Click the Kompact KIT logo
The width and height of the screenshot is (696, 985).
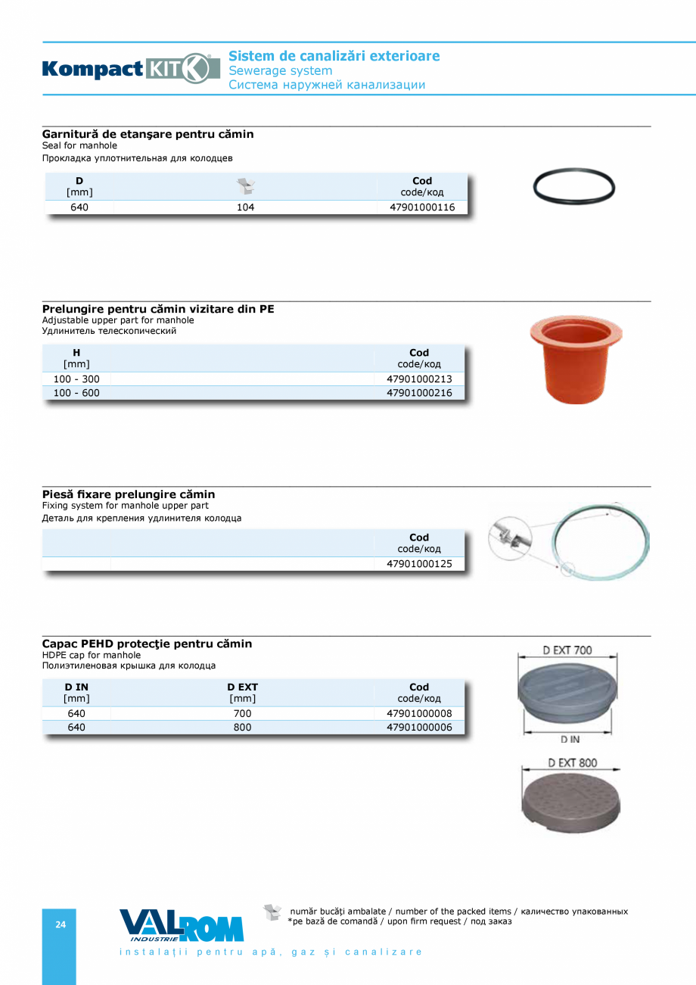point(131,69)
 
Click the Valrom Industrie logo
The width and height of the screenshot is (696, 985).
point(182,925)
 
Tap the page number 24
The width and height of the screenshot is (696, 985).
point(61,924)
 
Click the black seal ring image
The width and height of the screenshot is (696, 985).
point(574,185)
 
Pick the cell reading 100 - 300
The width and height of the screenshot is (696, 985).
point(76,379)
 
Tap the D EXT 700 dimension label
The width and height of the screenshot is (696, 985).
point(567,650)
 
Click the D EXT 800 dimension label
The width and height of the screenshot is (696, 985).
point(573,762)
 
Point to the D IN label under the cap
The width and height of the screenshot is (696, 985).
point(570,739)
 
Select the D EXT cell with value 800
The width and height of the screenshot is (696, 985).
point(242,728)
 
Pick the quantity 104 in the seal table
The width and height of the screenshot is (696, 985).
point(245,207)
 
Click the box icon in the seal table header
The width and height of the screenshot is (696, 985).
point(246,186)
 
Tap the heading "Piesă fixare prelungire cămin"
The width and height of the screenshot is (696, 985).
point(129,494)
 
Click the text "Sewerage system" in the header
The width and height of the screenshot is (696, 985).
point(281,70)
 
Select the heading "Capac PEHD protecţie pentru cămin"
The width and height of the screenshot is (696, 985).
point(147,644)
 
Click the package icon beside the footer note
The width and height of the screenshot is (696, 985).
point(272,912)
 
